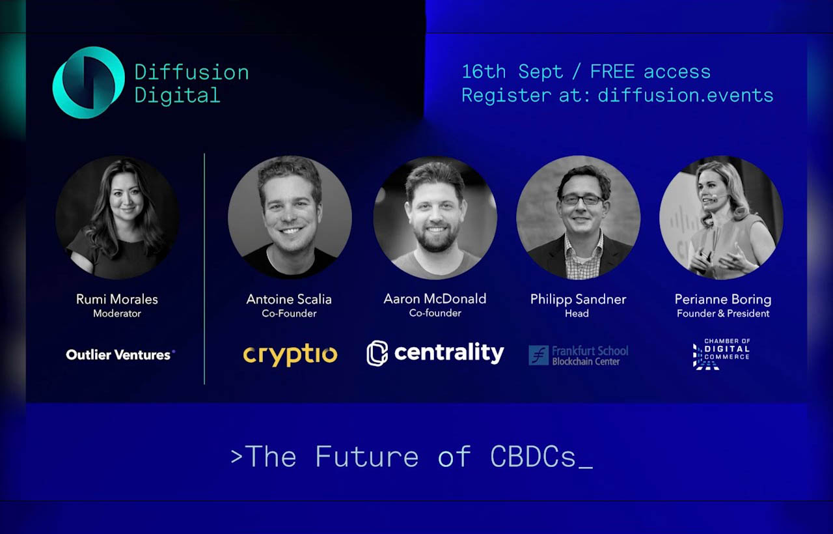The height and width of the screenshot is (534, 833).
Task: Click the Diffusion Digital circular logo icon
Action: [x=89, y=83]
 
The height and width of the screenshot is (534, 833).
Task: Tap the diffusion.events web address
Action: [x=685, y=95]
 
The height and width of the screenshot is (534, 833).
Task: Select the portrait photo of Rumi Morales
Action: [x=117, y=218]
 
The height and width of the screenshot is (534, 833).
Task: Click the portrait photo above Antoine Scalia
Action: [x=290, y=218]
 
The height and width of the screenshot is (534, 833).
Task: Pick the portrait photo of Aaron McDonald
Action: [x=435, y=218]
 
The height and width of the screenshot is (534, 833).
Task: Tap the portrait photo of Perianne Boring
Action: [x=721, y=218]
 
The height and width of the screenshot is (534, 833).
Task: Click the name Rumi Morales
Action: [x=117, y=300]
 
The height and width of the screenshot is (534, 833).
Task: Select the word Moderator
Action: [x=117, y=313]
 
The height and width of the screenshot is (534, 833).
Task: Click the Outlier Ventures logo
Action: [x=120, y=355]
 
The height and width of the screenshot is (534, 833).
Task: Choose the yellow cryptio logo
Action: [x=290, y=355]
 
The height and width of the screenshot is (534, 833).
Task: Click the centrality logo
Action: [x=435, y=353]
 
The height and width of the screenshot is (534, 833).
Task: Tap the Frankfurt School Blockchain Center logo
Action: [x=579, y=355]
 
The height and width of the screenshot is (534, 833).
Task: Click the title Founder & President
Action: [x=723, y=313]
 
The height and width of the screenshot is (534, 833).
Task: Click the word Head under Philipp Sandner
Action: [x=577, y=313]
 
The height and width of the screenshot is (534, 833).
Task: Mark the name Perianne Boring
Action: [x=723, y=300]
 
